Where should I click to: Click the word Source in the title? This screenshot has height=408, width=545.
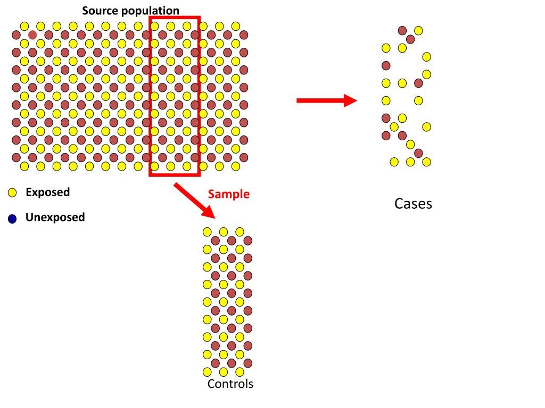point(99,11)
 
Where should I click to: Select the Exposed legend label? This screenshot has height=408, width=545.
point(47,192)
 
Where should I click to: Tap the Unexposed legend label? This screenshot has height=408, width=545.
point(55,217)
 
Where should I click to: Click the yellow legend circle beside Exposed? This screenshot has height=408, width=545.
point(13,193)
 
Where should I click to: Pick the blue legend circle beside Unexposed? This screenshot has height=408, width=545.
point(13,218)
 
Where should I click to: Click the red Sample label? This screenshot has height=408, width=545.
point(228,194)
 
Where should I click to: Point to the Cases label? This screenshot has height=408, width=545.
point(413,203)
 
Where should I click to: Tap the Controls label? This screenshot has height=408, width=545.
point(230,384)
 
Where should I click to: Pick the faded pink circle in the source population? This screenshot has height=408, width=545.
point(32,35)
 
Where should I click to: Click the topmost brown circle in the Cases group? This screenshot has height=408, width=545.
point(402,30)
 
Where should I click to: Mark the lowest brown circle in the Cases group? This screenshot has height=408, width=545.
point(418,153)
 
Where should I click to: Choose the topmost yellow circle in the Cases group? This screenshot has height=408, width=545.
point(418,30)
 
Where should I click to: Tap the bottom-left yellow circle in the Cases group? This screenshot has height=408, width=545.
point(394,161)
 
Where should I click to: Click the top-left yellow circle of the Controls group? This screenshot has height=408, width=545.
point(207,231)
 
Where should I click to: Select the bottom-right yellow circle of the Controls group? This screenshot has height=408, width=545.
point(240,371)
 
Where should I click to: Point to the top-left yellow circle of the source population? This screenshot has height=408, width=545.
point(24,26)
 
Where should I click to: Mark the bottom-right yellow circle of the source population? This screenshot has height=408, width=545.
point(236,166)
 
